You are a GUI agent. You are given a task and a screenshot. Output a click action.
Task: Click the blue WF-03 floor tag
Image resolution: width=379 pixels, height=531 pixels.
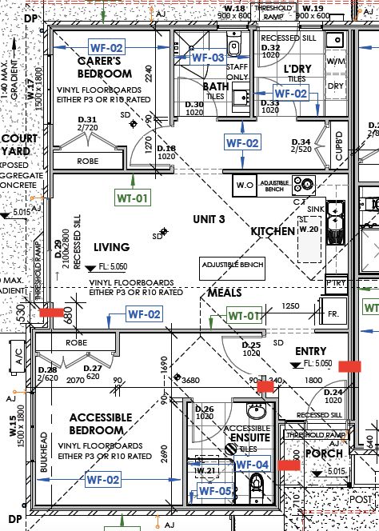coord(207,58)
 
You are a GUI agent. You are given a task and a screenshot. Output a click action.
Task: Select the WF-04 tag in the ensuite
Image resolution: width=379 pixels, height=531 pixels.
coord(253,465)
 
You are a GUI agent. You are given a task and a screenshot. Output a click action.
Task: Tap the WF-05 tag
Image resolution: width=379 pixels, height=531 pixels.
coord(214,491)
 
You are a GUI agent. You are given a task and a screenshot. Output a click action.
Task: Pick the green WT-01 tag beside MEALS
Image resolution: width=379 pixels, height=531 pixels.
coord(245,315)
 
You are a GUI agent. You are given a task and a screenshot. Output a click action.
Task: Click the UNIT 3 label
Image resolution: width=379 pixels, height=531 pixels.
coord(210,218)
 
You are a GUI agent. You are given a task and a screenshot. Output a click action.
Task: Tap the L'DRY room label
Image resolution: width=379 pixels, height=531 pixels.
coord(297,70)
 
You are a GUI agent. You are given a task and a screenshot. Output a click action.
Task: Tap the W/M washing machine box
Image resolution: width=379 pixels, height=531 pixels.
coord(336,61)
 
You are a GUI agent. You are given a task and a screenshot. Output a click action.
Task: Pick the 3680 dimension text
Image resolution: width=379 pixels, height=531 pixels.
coord(191,380)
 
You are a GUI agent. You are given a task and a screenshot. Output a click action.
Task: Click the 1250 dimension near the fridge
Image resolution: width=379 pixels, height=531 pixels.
coord(289,305)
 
